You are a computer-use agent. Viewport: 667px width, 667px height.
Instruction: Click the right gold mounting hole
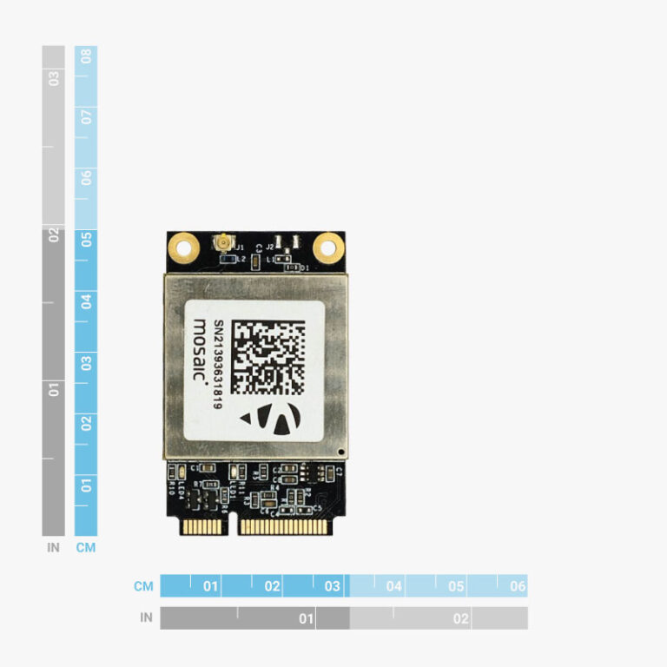click(x=327, y=248)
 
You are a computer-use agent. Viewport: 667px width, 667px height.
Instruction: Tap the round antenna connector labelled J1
click(x=224, y=241)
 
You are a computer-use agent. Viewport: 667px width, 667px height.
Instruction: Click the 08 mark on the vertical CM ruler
click(x=86, y=57)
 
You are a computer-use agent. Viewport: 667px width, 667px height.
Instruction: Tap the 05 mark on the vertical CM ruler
click(x=86, y=241)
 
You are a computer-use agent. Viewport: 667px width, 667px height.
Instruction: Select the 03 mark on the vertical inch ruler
click(x=54, y=78)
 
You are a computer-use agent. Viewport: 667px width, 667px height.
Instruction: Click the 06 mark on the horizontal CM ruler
click(x=518, y=586)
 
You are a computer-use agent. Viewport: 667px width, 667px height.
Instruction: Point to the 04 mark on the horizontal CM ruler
click(x=394, y=586)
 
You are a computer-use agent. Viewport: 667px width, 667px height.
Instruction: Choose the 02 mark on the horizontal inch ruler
click(x=460, y=618)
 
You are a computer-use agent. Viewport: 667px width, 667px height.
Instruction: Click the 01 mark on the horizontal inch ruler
click(x=306, y=618)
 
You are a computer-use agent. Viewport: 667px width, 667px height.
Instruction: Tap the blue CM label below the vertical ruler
click(x=86, y=548)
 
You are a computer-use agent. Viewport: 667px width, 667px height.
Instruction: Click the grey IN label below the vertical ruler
click(x=54, y=548)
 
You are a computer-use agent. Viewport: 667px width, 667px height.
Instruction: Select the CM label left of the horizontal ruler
click(x=143, y=586)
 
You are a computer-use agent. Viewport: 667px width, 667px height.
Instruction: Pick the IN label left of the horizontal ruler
click(x=146, y=618)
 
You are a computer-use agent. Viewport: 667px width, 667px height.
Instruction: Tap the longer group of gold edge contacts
click(x=284, y=526)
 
